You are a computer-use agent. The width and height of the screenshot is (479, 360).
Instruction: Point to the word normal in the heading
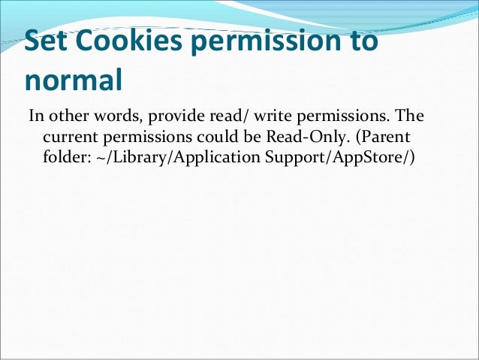point(72,80)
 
